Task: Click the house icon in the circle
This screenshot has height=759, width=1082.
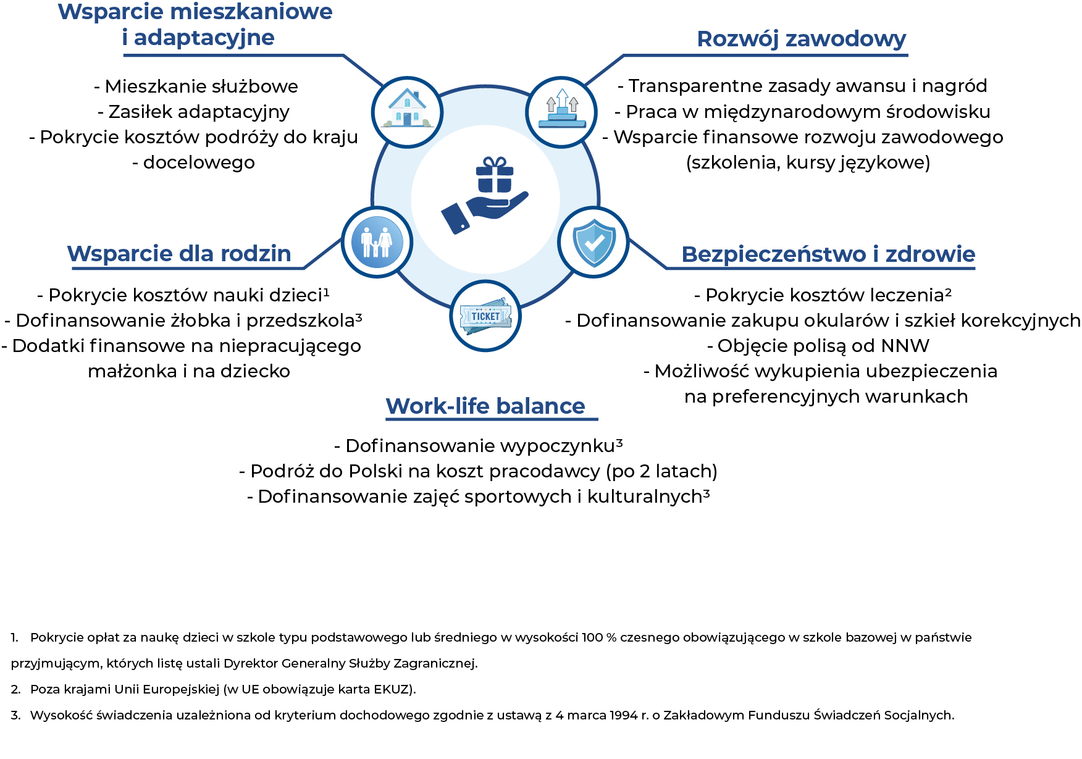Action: (x=407, y=112)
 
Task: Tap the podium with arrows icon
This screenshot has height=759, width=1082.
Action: (x=561, y=112)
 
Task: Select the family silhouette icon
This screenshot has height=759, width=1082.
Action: (x=377, y=242)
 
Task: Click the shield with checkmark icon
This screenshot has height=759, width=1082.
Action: (x=593, y=242)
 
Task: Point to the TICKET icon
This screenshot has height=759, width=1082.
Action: (x=485, y=316)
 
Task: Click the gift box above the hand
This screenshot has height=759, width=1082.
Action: (x=494, y=175)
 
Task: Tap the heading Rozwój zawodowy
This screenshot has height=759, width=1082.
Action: (x=801, y=39)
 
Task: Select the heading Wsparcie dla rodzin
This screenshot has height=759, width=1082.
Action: (x=179, y=254)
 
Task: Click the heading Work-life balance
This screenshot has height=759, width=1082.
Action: (x=485, y=406)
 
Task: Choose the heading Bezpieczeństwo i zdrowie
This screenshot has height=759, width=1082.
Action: (x=828, y=254)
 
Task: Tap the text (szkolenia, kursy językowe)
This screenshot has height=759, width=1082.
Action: (x=808, y=162)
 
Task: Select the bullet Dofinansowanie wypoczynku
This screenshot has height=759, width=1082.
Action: (x=479, y=446)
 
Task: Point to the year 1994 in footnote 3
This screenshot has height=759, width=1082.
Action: (x=623, y=715)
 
